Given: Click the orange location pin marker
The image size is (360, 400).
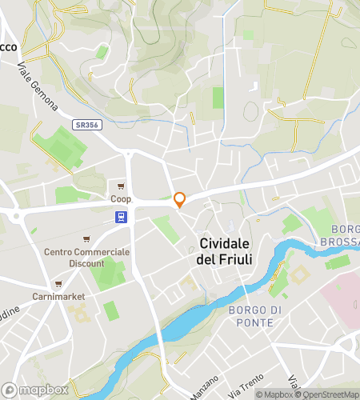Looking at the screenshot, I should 180,199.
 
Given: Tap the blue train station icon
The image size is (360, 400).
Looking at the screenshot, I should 120,216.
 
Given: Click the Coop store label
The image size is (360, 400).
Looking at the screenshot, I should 121,198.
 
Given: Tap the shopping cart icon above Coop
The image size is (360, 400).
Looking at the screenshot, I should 122,185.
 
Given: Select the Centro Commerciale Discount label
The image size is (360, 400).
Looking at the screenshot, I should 86,258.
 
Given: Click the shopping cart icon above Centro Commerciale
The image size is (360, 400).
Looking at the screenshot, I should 86,238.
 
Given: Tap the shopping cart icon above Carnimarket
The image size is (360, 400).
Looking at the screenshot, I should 58,283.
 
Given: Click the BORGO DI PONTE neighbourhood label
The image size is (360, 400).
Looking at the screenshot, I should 250,316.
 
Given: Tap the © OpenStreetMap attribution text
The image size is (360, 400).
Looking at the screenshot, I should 327,394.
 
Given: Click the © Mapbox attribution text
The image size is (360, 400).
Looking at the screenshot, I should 274,394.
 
